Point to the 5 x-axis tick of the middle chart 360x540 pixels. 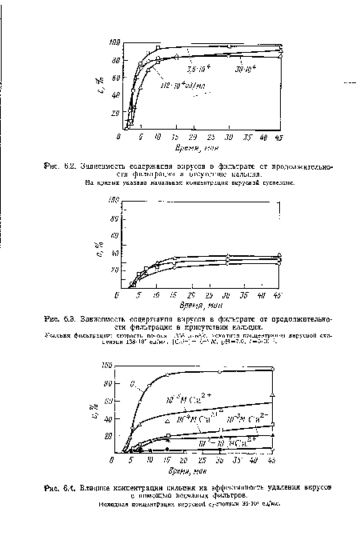138,295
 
